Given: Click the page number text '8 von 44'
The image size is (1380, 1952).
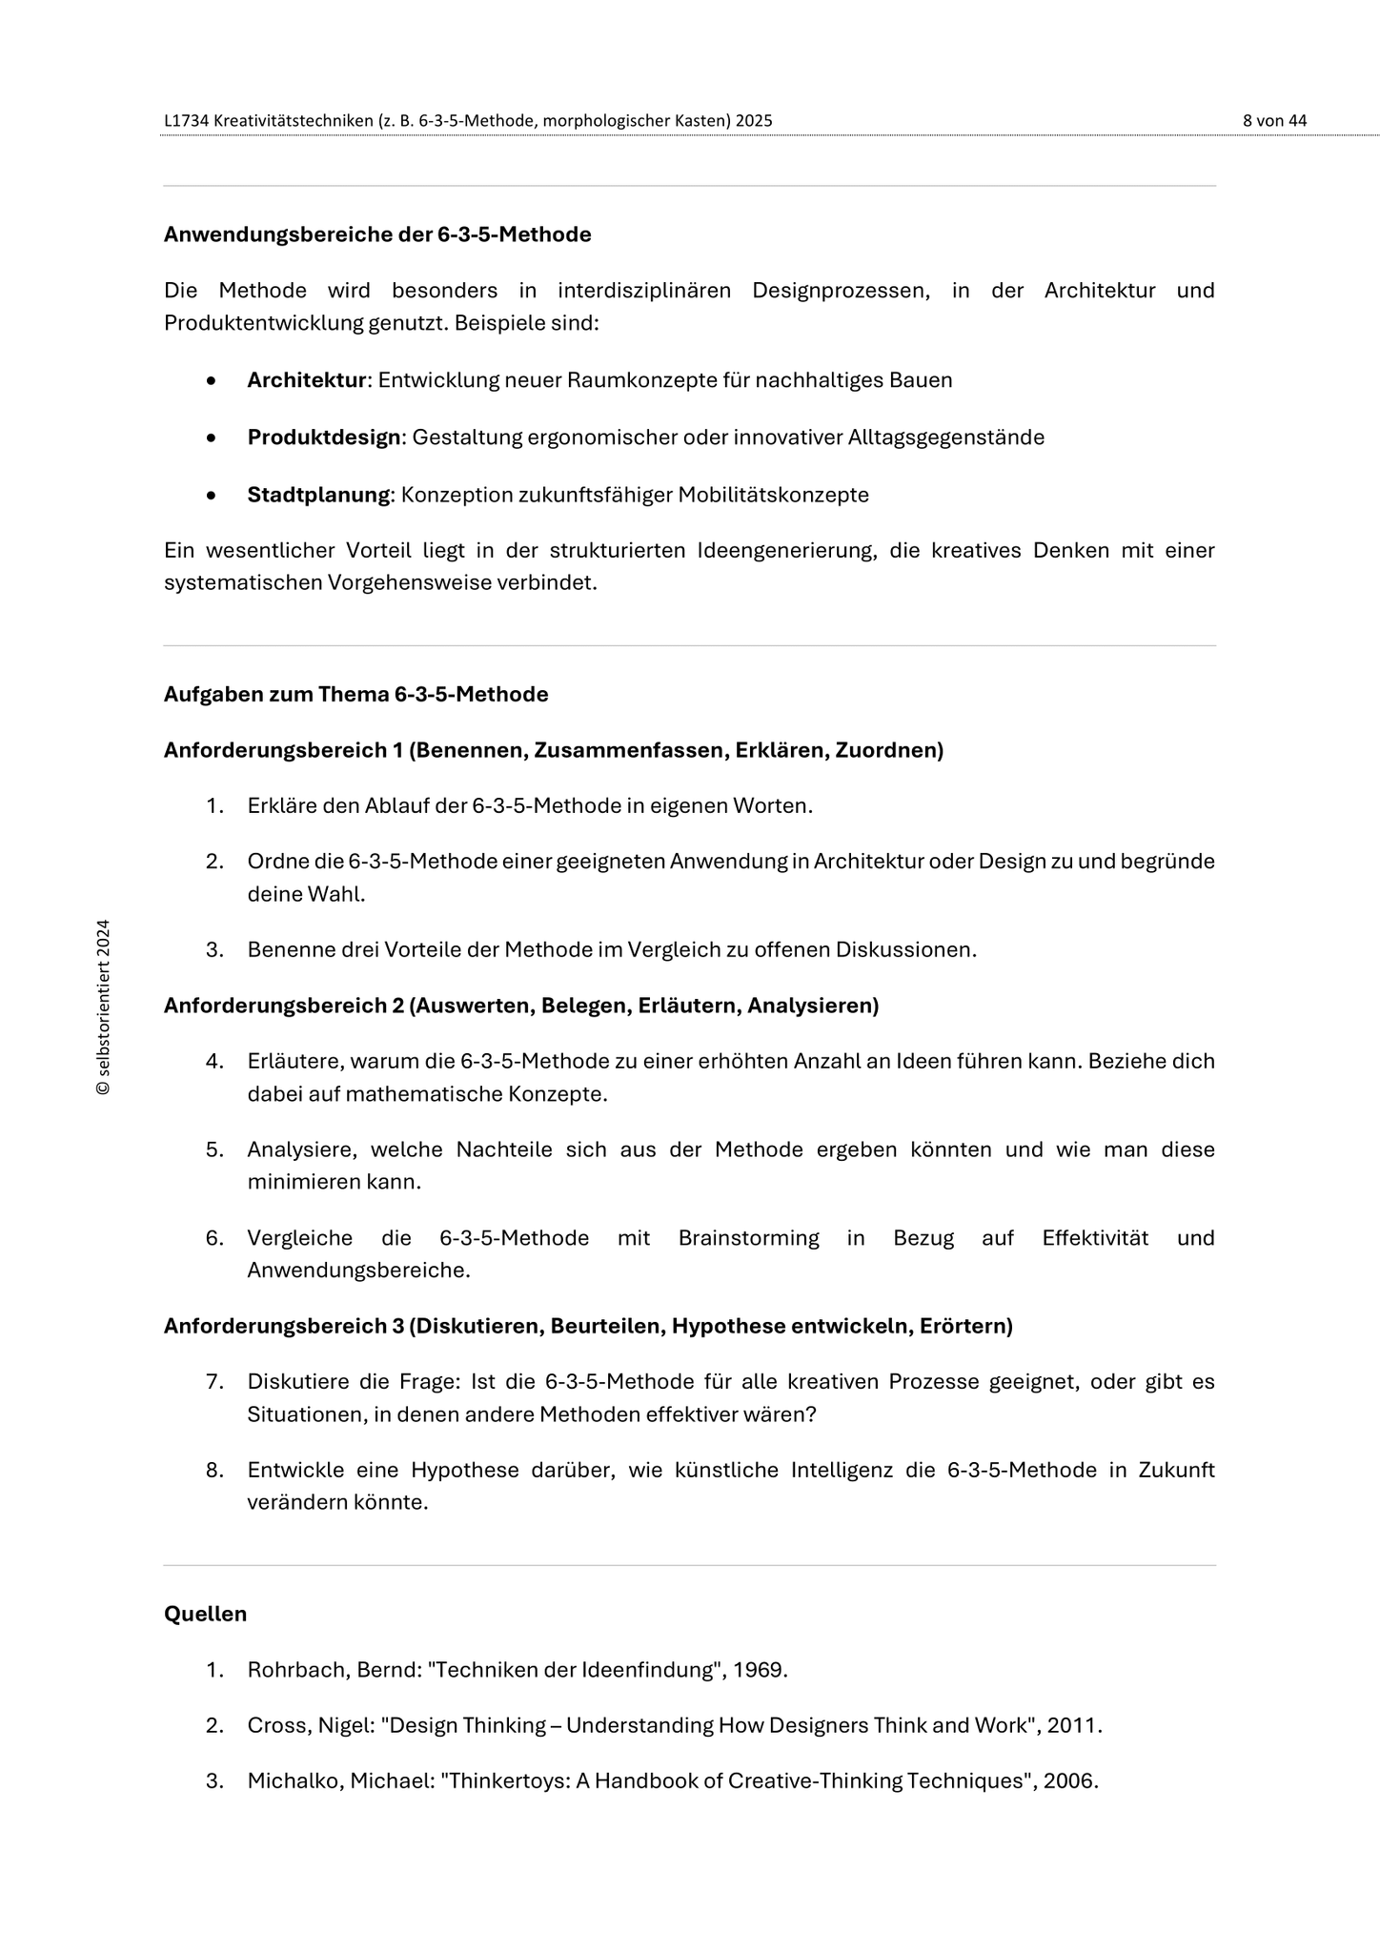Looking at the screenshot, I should click(1274, 121).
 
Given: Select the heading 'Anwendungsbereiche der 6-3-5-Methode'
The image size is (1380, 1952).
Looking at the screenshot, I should click(377, 234).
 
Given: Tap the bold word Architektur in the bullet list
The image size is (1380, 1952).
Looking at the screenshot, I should click(307, 380).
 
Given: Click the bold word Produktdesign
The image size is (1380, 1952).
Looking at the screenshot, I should click(324, 437).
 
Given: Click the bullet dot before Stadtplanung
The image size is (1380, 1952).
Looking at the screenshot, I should click(212, 496).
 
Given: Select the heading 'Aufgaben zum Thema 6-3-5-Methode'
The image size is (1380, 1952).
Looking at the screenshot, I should click(355, 694).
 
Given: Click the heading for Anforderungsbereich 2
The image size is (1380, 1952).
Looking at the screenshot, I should click(520, 1006).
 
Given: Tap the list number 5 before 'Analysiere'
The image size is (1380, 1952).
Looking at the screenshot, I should click(214, 1149).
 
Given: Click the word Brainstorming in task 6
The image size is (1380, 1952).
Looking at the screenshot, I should click(748, 1238).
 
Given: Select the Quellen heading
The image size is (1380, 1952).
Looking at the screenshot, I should click(205, 1614).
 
